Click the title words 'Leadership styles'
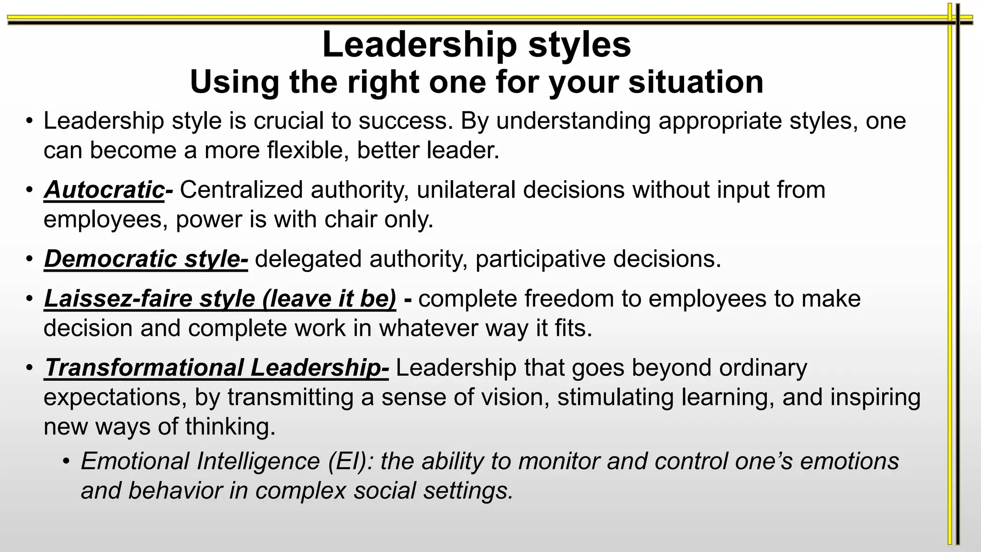tap(477, 45)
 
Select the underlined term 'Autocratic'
tap(104, 190)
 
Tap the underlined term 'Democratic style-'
tap(146, 259)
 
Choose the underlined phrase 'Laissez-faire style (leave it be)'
tap(220, 299)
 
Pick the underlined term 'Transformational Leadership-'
tap(216, 368)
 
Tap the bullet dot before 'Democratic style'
tap(30, 260)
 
